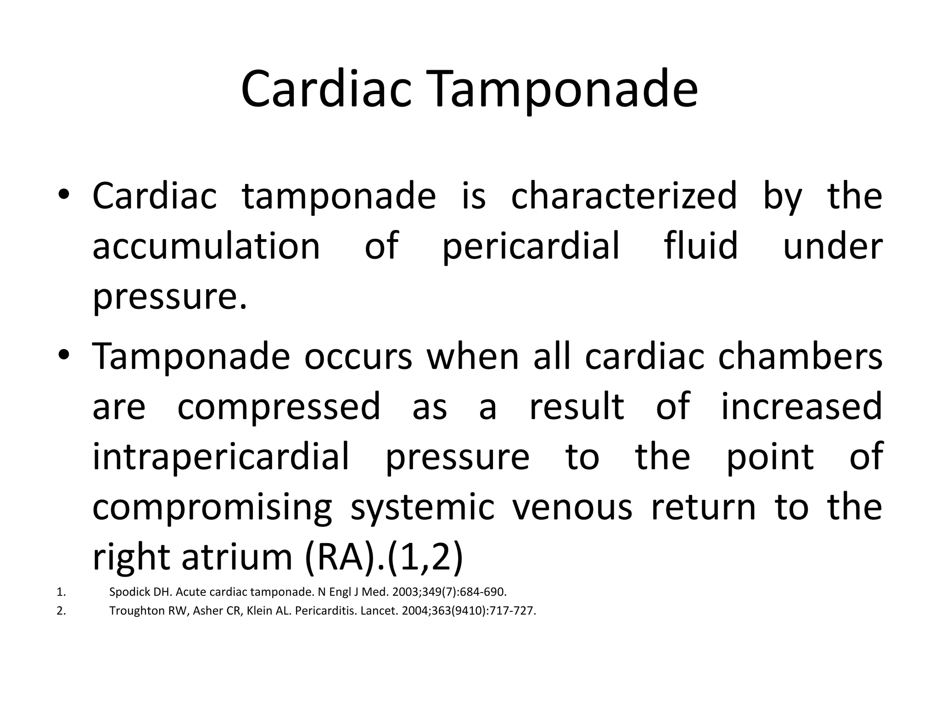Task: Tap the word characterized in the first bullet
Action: tap(624, 196)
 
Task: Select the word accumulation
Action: tap(206, 246)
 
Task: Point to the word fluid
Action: tap(701, 246)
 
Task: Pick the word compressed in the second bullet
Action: tap(279, 407)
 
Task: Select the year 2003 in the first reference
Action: tap(407, 592)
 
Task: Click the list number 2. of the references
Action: tap(62, 611)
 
